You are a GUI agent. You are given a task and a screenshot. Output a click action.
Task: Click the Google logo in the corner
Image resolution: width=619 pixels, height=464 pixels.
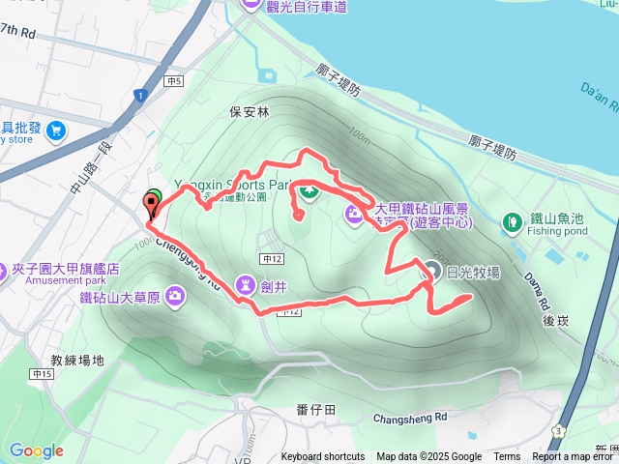coord(36,450)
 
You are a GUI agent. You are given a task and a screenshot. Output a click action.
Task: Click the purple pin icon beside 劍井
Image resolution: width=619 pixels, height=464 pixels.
coord(242,284)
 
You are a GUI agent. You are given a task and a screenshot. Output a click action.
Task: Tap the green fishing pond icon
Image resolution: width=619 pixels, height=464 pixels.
coord(511,224)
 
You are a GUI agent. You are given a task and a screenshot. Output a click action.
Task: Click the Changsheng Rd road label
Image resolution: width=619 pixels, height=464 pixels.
coord(411,418)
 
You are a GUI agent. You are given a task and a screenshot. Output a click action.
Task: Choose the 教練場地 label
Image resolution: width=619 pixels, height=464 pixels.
coord(76,359)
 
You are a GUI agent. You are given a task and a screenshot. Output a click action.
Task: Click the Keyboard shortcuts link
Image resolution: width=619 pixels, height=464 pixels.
coord(323,457)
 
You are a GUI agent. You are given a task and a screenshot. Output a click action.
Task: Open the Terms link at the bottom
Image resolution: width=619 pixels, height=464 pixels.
coord(507,457)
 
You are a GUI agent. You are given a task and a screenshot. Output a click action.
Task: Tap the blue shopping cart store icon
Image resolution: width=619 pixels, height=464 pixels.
coord(54,130)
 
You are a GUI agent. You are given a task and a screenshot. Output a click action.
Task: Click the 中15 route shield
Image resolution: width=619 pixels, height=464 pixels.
coord(43,374)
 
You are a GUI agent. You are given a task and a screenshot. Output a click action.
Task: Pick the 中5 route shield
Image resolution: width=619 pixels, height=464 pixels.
coord(174,83)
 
